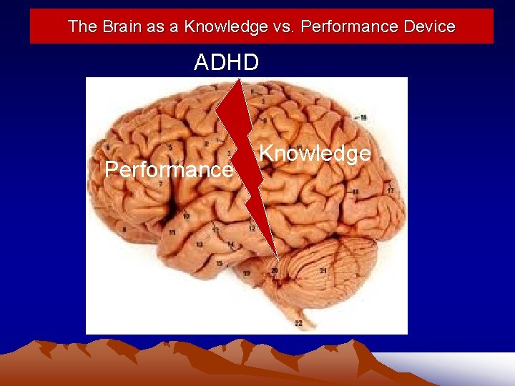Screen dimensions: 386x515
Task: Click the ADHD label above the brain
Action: click(227, 63)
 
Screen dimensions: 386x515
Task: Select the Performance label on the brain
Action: click(169, 170)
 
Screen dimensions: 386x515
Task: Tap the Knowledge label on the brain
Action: click(315, 153)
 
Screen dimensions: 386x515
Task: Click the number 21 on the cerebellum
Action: click(323, 271)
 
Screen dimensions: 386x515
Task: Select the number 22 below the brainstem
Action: click(298, 323)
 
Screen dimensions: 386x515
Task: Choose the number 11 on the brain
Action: click(172, 233)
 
